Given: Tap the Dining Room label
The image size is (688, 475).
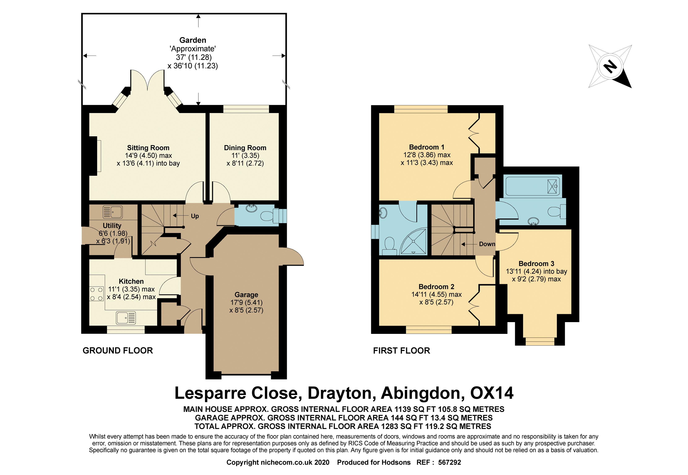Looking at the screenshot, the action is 245,148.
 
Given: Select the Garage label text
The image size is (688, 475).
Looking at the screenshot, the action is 246,295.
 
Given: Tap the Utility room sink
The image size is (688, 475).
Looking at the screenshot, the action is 112,212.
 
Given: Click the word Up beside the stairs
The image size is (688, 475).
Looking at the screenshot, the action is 195,216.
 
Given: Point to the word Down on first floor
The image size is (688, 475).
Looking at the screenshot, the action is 487,244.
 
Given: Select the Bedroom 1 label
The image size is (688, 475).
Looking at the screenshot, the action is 427,147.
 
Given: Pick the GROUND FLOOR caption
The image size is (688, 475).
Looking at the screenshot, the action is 118,351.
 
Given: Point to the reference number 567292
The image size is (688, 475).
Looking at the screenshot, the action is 449,462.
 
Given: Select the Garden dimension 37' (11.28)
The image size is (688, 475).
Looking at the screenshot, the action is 194,57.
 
